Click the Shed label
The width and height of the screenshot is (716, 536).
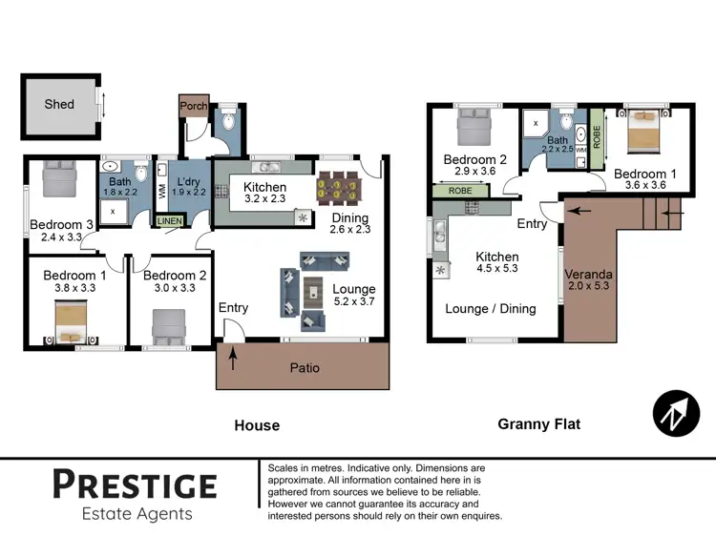coord(59,104)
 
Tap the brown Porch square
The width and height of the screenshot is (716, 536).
coord(194,107)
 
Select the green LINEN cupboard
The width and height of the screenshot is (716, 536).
coord(169,221)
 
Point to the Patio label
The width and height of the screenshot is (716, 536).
coord(305,367)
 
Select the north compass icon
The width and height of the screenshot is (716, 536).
coord(676,414)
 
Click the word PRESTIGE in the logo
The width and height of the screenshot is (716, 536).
coord(134,484)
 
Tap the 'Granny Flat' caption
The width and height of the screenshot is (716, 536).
coord(538,424)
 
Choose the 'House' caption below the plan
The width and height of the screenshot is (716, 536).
coord(257,425)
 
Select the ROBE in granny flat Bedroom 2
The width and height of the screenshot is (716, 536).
coord(460,191)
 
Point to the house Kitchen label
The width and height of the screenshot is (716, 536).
coord(264,187)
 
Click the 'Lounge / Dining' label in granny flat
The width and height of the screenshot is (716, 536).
coord(491,308)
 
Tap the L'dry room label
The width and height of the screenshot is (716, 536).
coord(188,179)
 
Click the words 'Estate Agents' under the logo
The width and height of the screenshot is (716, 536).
coord(134,514)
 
